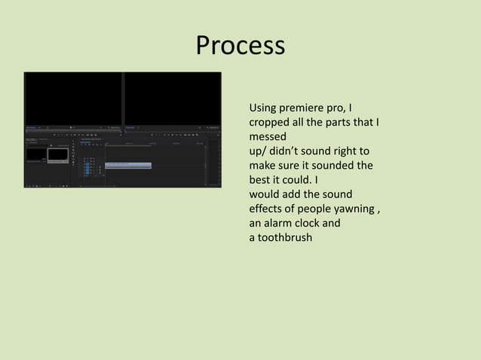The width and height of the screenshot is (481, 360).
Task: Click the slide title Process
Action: pyautogui.click(x=240, y=46)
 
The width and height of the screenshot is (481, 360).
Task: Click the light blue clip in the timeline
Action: pyautogui.click(x=128, y=165)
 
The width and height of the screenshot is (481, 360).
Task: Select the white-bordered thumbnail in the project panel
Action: pyautogui.click(x=57, y=154)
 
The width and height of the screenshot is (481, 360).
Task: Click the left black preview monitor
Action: pyautogui.click(x=73, y=98)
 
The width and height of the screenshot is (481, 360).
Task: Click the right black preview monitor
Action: pyautogui.click(x=173, y=98)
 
